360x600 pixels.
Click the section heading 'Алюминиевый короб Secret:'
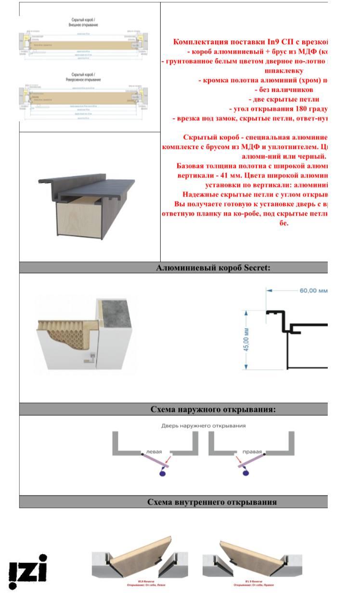[213, 268]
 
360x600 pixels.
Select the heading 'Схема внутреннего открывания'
[212, 502]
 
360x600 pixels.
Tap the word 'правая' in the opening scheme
[252, 452]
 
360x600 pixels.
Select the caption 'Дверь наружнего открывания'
[203, 425]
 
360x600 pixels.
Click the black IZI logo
[28, 571]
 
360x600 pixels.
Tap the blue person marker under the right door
[246, 473]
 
